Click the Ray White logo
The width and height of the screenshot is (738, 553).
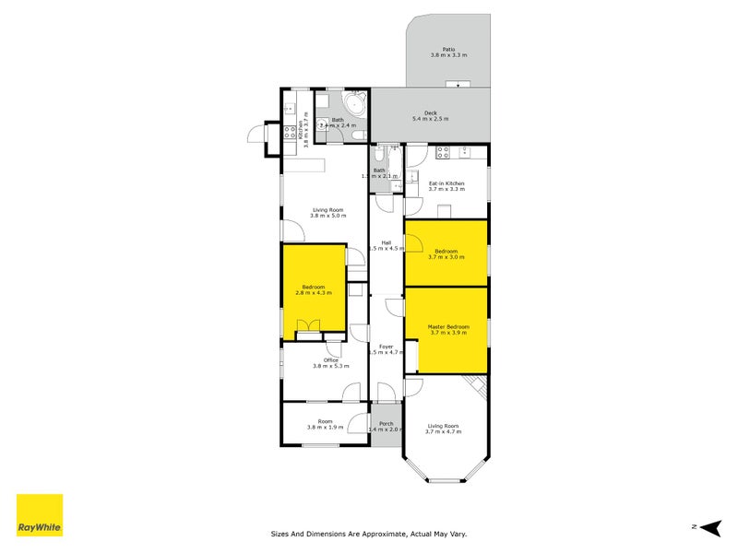click(40, 515)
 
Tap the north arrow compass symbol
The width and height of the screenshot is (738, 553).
click(708, 527)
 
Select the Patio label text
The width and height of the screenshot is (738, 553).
click(448, 50)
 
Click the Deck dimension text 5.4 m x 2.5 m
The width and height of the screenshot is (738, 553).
click(430, 119)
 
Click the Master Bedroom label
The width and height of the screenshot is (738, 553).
click(448, 326)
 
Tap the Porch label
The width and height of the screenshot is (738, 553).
click(387, 423)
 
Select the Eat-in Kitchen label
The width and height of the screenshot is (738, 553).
click(446, 183)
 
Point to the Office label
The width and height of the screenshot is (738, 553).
click(330, 360)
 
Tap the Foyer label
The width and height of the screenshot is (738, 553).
click(387, 347)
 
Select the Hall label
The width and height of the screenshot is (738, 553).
click(387, 242)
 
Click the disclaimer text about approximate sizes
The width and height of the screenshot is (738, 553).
click(381, 534)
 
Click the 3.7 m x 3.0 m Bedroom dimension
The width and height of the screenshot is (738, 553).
click(446, 257)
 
